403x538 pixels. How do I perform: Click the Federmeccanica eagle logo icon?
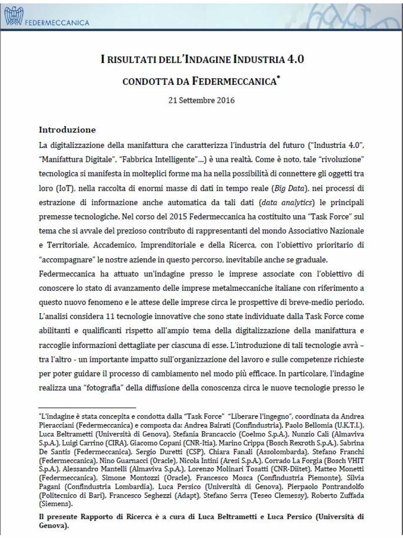[13, 16]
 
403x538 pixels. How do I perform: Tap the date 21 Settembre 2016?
[201, 100]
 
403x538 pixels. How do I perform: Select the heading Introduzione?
[67, 130]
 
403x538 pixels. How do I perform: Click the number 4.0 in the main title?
[295, 59]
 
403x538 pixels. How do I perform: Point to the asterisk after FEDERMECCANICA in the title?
[278, 78]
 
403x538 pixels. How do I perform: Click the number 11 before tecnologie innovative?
[110, 316]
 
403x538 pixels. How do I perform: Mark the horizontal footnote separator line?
[87, 407]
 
